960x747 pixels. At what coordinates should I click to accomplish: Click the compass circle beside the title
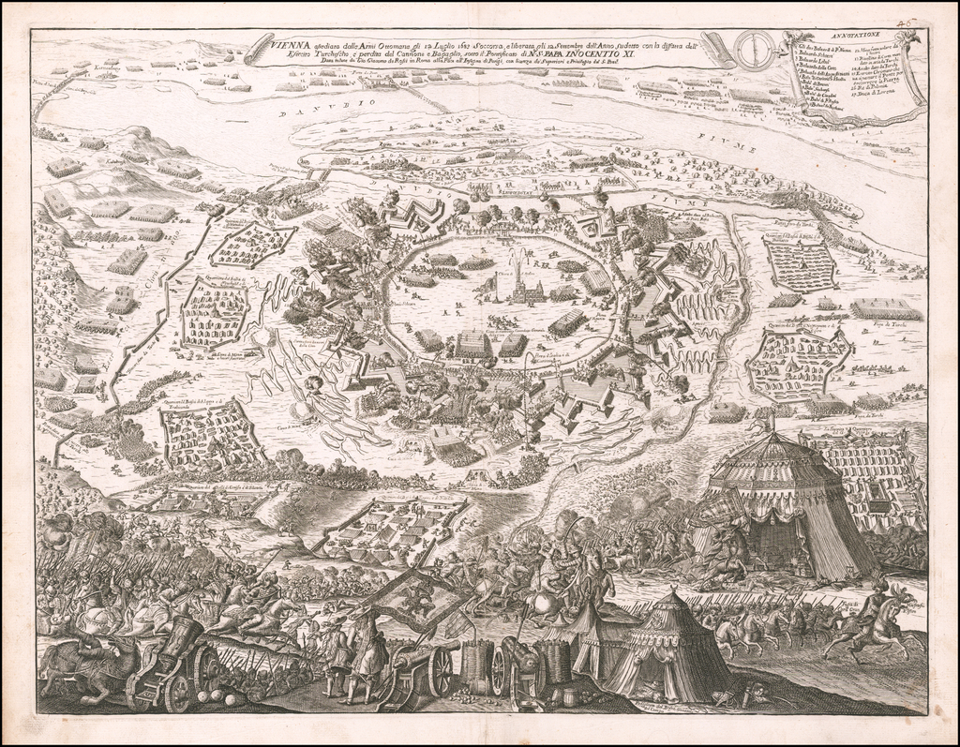755,50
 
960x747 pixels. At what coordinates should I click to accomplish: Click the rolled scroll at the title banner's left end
258,48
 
